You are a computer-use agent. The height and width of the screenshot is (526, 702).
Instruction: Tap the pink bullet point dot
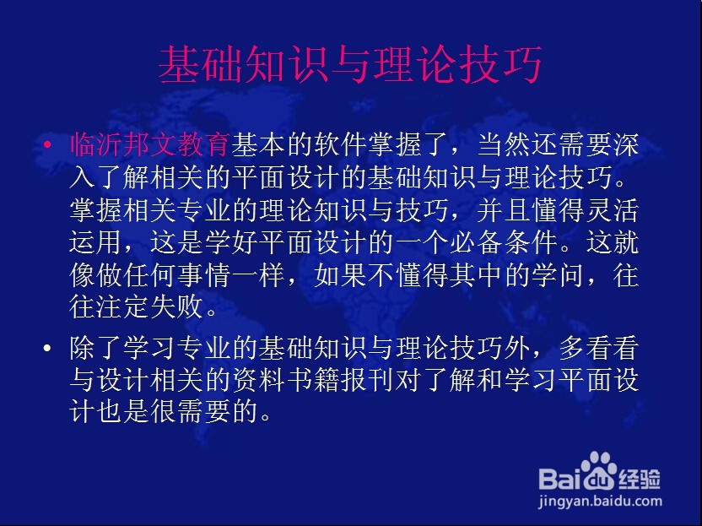(47, 144)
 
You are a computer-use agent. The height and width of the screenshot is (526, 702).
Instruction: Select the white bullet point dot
(47, 348)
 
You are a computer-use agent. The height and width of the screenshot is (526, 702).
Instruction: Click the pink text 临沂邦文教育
(150, 144)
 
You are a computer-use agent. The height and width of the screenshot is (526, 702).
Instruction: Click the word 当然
(504, 144)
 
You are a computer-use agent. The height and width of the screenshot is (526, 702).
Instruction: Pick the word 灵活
(612, 209)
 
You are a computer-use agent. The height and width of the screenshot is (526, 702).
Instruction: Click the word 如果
(340, 274)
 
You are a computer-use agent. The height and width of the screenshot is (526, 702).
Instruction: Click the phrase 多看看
(598, 348)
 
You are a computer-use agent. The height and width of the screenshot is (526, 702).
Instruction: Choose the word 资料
(259, 381)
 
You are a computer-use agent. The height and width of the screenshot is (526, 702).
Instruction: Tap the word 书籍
(313, 381)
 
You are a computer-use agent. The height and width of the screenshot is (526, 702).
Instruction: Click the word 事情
(204, 274)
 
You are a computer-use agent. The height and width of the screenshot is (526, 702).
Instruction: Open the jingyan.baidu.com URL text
(600, 502)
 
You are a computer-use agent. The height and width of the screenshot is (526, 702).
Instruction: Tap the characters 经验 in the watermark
(640, 479)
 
